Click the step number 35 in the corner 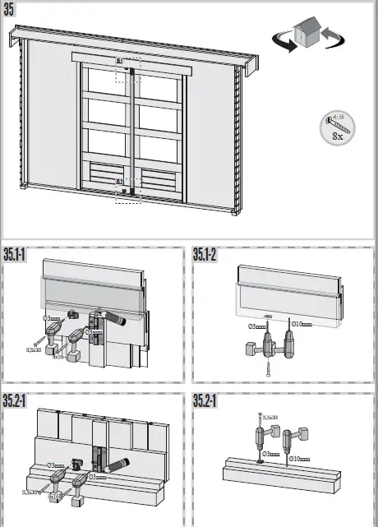pos(10,9)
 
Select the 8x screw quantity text pos(337,137)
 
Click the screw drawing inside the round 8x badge pos(338,126)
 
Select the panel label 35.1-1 pos(15,254)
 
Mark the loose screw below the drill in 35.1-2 pos(268,368)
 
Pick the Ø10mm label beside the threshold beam pos(299,458)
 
